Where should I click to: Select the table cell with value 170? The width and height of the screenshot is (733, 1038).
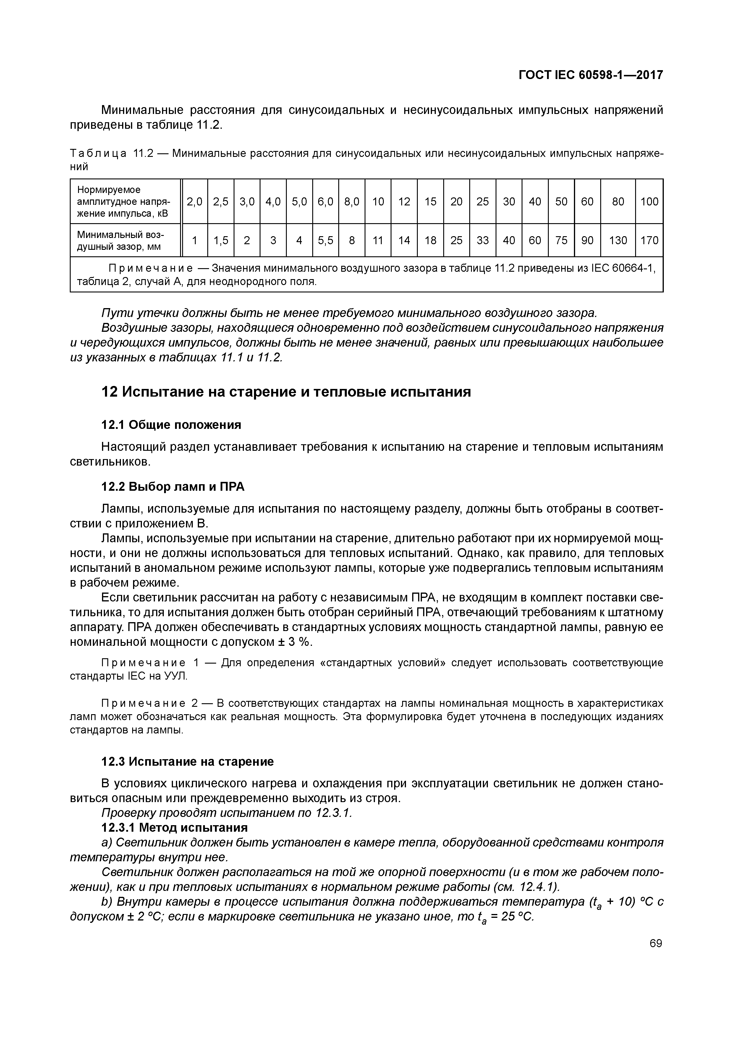click(x=649, y=240)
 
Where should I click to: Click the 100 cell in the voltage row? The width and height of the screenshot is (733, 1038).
click(x=649, y=201)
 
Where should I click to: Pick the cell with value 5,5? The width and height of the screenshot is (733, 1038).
click(x=325, y=240)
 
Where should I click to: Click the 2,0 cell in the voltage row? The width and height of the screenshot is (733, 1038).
click(x=194, y=201)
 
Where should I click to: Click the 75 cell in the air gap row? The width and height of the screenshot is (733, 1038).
click(x=561, y=240)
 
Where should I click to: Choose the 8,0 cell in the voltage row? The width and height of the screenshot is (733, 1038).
click(x=351, y=201)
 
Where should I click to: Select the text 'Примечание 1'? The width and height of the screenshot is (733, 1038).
click(x=150, y=662)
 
